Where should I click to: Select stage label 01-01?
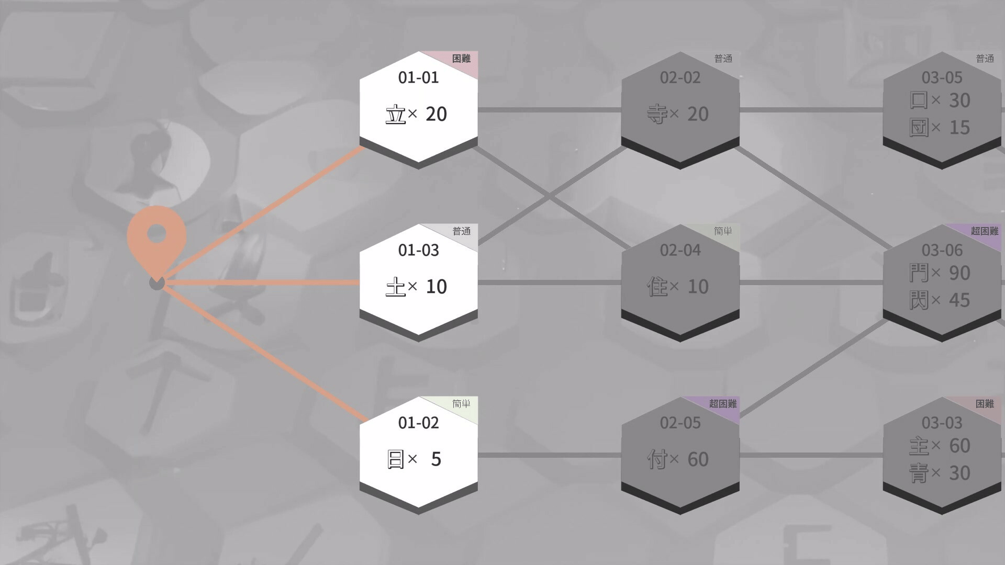click(418, 77)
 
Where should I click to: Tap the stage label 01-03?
click(418, 250)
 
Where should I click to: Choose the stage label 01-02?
click(418, 423)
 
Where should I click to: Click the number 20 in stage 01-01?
click(436, 114)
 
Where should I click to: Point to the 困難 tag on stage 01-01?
click(461, 59)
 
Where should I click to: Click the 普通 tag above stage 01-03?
click(461, 231)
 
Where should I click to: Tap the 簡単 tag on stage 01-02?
click(461, 404)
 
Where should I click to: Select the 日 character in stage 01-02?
click(396, 459)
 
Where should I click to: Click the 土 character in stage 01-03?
click(396, 287)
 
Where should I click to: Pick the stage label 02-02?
click(680, 77)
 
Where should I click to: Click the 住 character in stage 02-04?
click(657, 287)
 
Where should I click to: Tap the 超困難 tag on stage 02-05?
click(723, 404)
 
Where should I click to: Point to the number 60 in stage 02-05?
click(698, 459)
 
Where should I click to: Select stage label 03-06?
click(942, 250)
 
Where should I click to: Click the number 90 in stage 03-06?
click(959, 273)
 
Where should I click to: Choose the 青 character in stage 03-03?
click(919, 473)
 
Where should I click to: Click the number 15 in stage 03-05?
click(959, 128)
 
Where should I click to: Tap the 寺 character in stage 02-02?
click(657, 114)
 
